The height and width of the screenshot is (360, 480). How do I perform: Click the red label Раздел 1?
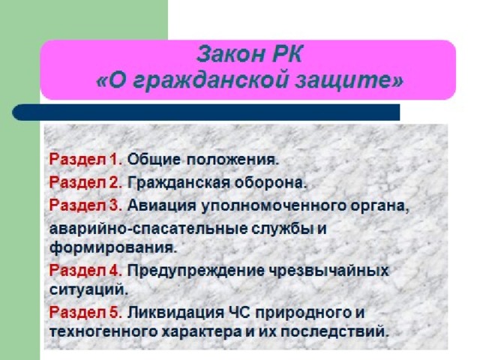(85, 159)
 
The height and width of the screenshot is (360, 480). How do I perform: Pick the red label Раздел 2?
(85, 182)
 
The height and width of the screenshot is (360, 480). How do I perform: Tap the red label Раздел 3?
(85, 205)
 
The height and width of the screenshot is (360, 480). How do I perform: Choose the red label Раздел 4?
(85, 271)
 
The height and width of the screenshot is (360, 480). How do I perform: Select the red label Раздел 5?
(85, 312)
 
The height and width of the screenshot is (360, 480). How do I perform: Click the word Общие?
(154, 160)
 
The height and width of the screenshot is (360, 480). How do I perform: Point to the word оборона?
(271, 183)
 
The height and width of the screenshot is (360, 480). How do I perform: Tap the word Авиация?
(162, 205)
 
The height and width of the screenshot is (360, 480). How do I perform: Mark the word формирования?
(113, 248)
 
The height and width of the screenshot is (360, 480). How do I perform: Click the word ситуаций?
(88, 290)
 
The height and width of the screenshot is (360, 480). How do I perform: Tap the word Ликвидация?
(175, 313)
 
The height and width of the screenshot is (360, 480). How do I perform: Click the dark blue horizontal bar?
(206, 112)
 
